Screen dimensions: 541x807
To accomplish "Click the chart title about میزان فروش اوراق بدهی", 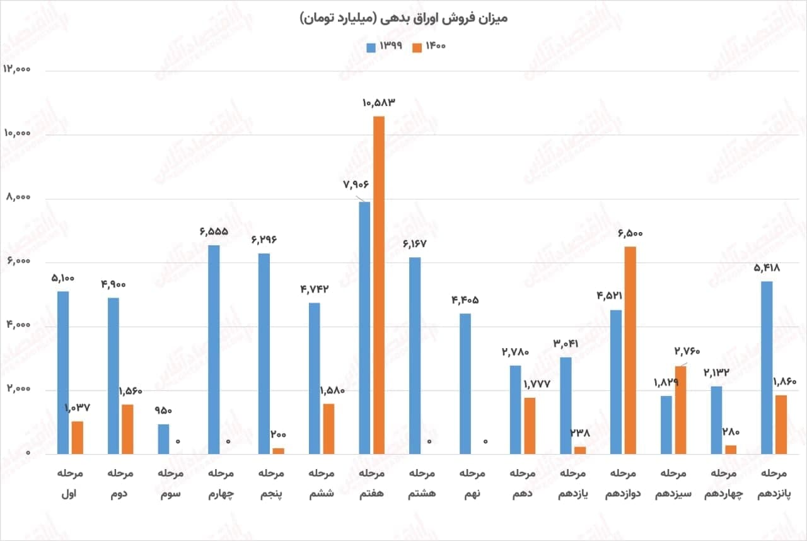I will coord(403,18).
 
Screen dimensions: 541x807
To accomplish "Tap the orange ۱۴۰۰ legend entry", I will coord(428,46).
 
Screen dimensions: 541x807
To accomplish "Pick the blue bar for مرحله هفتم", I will coord(364,328).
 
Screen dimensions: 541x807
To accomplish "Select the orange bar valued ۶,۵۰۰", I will coord(630,350).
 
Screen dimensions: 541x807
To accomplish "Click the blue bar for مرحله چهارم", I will coord(214,349).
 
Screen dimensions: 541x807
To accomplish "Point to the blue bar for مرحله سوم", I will coord(163,439).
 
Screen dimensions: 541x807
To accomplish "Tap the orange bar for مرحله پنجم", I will coord(278,450).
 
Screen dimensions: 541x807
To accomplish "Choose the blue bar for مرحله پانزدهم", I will coord(767,368).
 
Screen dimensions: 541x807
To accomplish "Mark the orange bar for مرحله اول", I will coord(77,438).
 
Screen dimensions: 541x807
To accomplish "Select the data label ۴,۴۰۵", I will coord(464,300).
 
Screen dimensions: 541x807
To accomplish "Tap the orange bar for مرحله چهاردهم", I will coord(731,450).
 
